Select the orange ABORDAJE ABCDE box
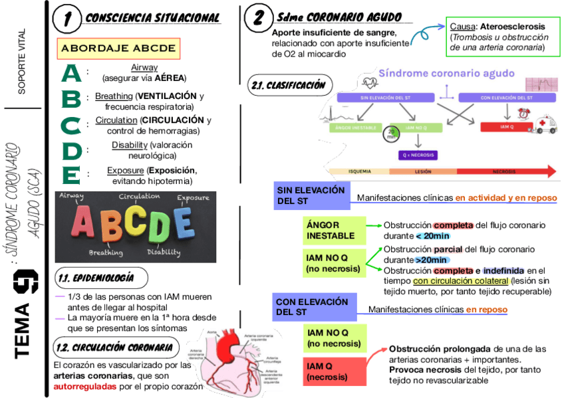118,49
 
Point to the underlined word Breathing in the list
114,96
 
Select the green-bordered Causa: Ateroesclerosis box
498,37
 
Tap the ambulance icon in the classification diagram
547,126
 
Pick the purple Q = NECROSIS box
418,155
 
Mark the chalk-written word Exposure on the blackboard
193,197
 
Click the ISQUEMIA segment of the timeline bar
359,171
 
